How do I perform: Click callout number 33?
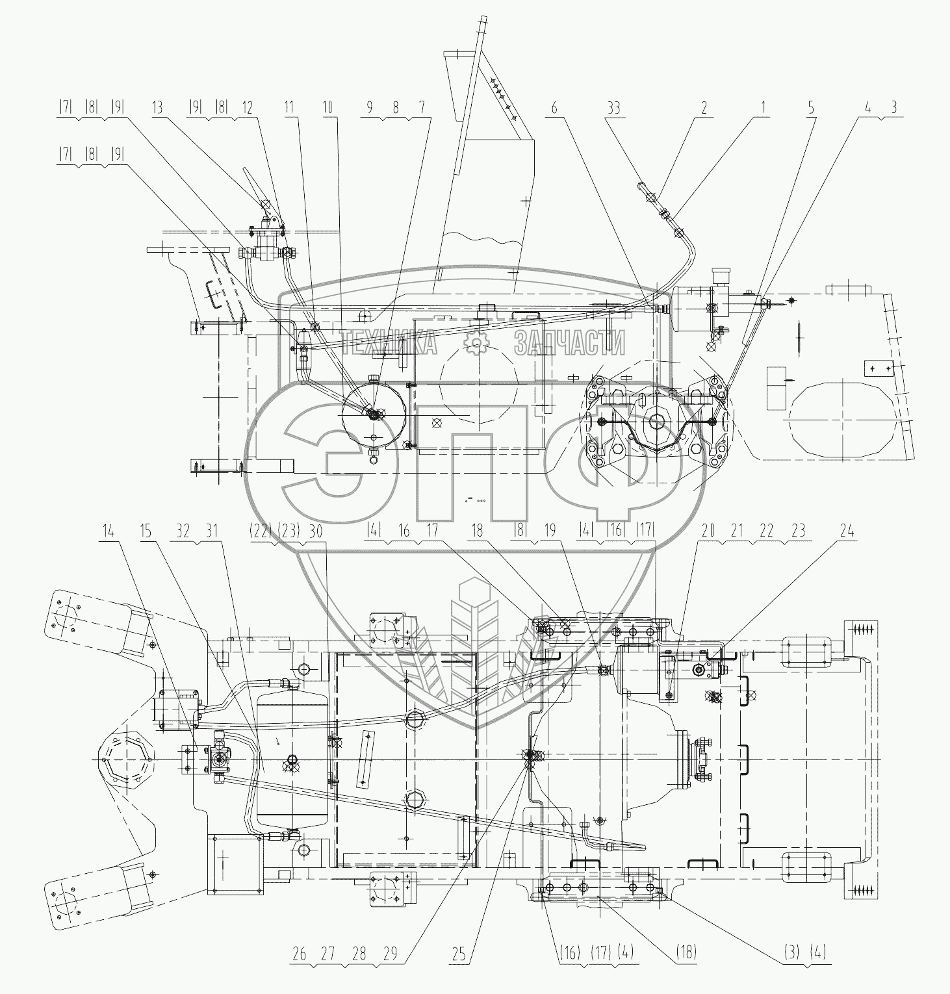pos(613,108)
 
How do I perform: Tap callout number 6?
pos(554,108)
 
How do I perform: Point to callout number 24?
pos(847,531)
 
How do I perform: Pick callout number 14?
pos(108,531)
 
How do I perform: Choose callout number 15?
pos(146,531)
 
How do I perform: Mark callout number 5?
pos(811,108)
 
